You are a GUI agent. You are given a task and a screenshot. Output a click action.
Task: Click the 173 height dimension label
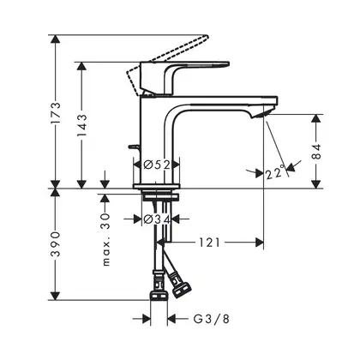click(x=55, y=112)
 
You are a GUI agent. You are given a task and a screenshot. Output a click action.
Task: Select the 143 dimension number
click(x=82, y=125)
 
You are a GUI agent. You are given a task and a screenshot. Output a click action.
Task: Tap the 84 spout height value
click(x=316, y=152)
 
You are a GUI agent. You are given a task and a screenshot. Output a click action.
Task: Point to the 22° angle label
click(x=275, y=172)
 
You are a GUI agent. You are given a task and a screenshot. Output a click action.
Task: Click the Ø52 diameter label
click(x=157, y=165)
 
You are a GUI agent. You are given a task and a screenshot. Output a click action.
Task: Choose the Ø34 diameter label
click(x=157, y=219)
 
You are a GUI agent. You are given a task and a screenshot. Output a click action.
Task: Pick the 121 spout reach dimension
click(x=209, y=243)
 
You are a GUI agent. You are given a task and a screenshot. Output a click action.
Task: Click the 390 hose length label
click(x=55, y=244)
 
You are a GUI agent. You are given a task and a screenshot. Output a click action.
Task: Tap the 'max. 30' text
click(x=106, y=239)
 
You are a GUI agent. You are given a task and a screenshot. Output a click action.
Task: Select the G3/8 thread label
click(x=211, y=319)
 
